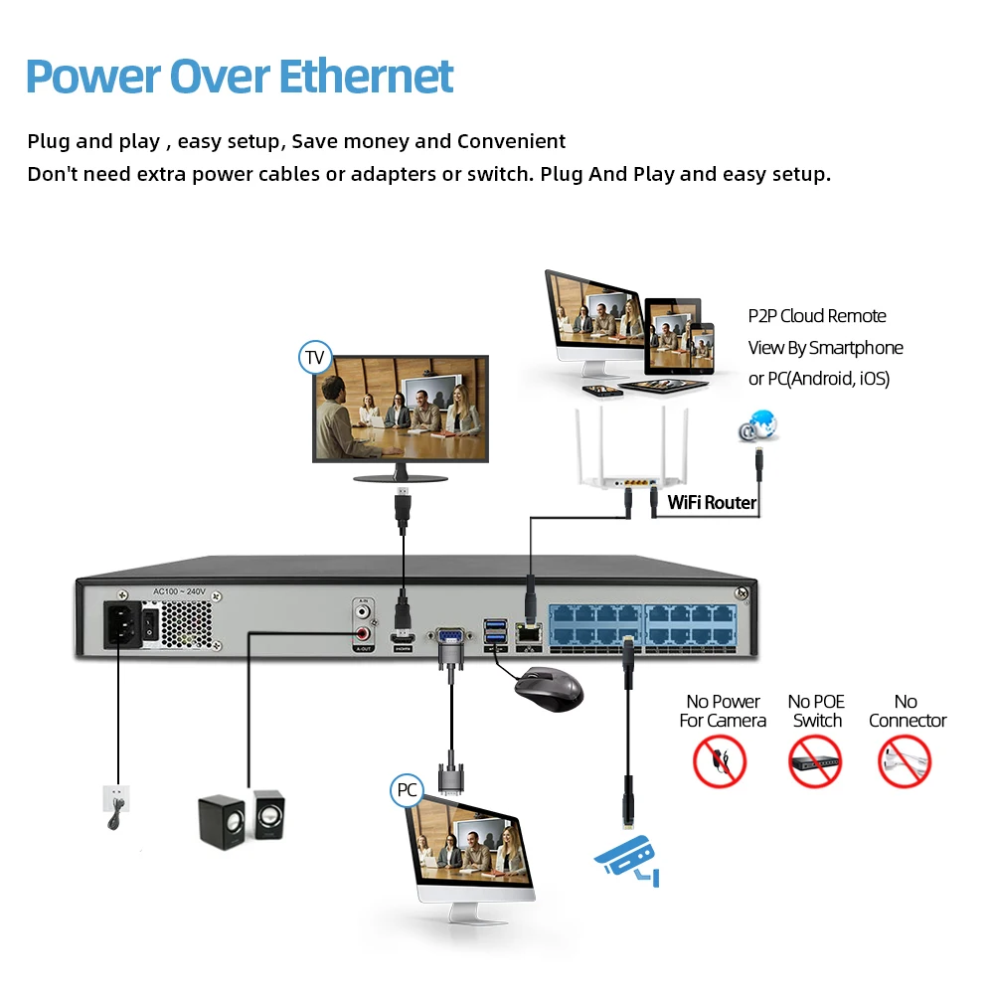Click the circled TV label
315,357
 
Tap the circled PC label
407,790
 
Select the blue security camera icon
626,857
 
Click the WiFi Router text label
712,502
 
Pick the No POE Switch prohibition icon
815,762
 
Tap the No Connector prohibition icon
905,762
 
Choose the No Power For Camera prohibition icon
720,762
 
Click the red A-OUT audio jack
364,633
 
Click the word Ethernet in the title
365,77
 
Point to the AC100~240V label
179,591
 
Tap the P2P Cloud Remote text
816,316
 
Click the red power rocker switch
149,625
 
